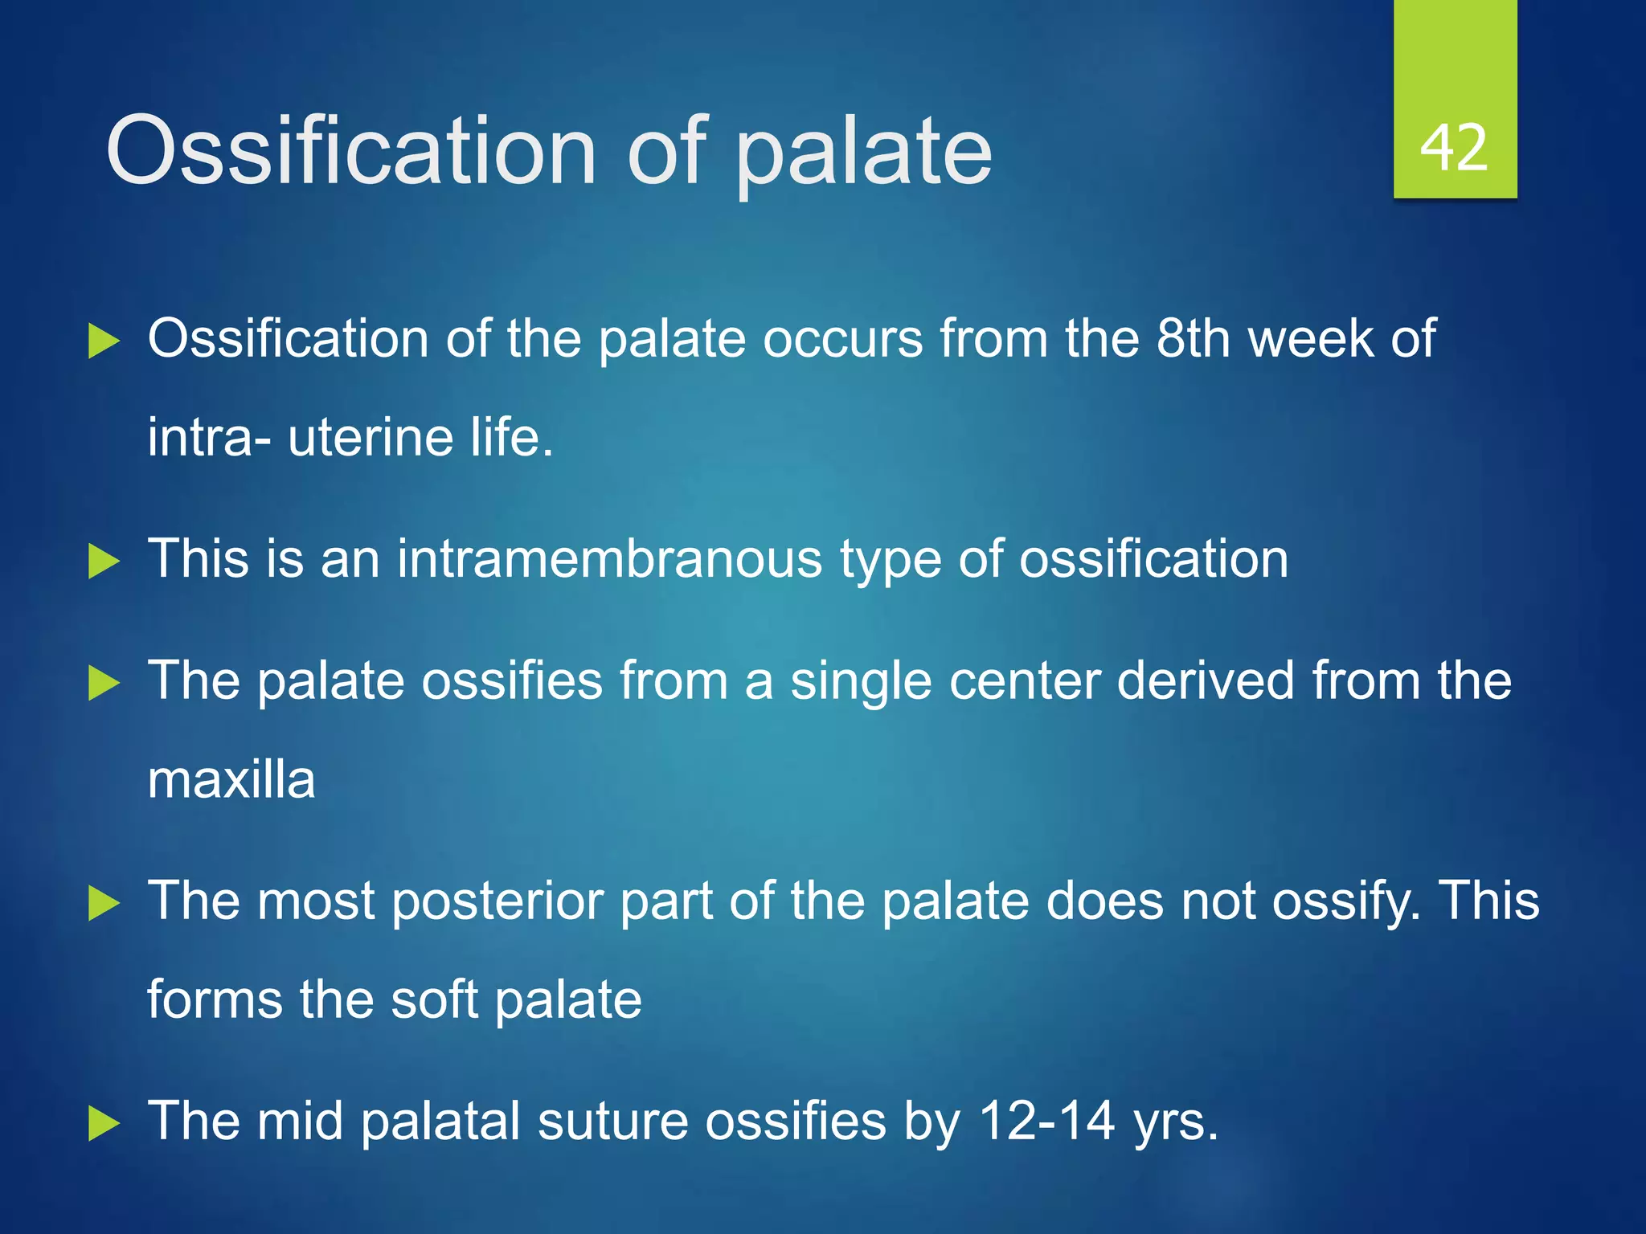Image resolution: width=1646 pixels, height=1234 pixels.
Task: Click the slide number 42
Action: click(x=1454, y=149)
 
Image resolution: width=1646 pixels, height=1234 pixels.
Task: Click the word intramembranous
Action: click(x=609, y=559)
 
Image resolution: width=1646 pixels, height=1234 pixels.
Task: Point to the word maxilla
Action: click(x=231, y=780)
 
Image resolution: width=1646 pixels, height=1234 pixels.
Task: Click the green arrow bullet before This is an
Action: click(x=103, y=561)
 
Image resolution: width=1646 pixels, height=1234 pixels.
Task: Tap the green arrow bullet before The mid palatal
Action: click(x=103, y=1123)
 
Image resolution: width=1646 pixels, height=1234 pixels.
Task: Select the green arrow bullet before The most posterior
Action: click(x=103, y=902)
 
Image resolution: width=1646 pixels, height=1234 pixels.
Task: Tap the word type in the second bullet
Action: click(x=890, y=561)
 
